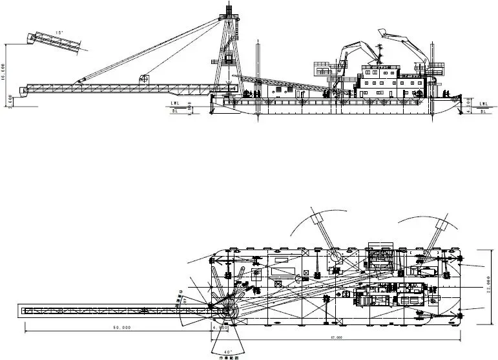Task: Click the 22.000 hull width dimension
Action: click(490, 284)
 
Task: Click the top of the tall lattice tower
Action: click(229, 8)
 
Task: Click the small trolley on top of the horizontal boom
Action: click(144, 79)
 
